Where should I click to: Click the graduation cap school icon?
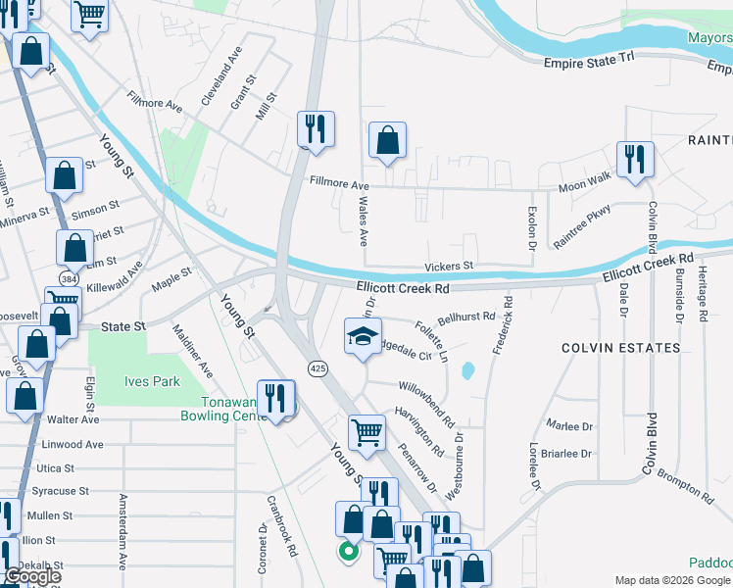pyautogui.click(x=362, y=336)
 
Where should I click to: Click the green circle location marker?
pyautogui.click(x=346, y=552)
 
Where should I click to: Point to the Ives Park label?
pyautogui.click(x=152, y=381)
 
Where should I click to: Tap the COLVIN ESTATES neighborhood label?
pyautogui.click(x=620, y=348)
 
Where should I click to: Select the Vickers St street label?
pyautogui.click(x=449, y=267)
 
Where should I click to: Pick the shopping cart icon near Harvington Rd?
pyautogui.click(x=366, y=431)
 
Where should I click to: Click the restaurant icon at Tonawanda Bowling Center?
pyautogui.click(x=276, y=397)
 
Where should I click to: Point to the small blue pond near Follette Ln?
pyautogui.click(x=467, y=371)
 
